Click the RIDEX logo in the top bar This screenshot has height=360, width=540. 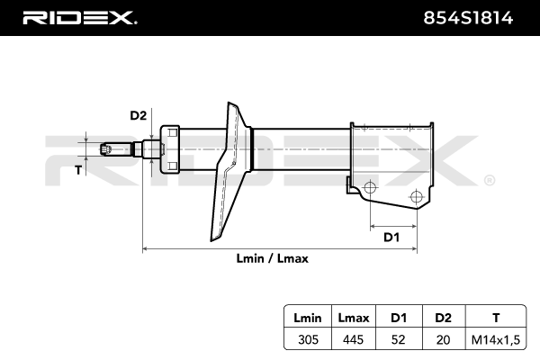[78, 17]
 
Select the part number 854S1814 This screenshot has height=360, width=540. [475, 18]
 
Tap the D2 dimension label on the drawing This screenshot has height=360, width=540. [138, 115]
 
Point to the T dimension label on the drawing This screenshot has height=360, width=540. [77, 169]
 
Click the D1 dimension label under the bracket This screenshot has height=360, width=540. [391, 238]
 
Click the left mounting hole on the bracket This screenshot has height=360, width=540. [367, 188]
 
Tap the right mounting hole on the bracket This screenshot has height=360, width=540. [415, 197]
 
